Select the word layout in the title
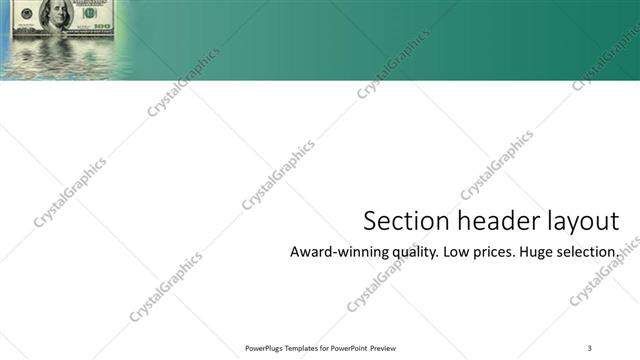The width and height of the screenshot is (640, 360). click(x=580, y=222)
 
